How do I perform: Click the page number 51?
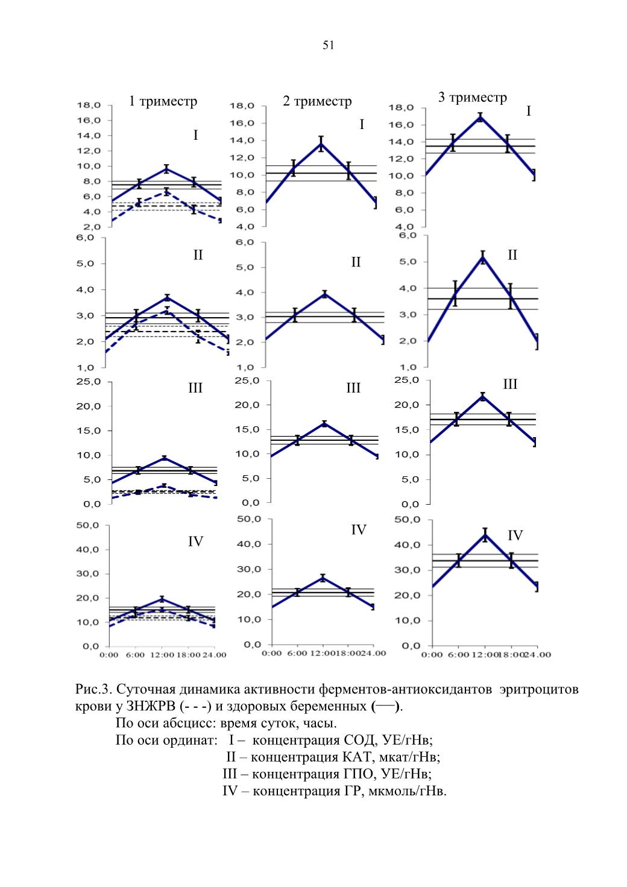tap(328, 45)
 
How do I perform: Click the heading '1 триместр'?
tap(163, 101)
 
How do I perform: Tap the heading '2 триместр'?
tap(317, 101)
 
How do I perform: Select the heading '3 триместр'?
tap(472, 98)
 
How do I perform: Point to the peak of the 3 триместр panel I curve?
tap(480, 116)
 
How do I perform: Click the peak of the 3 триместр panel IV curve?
tap(485, 535)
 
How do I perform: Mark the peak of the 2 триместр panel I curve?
tap(321, 144)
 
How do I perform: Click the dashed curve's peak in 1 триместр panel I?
tap(166, 192)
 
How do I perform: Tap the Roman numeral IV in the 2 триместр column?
tap(359, 530)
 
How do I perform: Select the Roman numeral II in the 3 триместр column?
tap(512, 255)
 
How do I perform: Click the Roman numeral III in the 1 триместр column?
tap(195, 388)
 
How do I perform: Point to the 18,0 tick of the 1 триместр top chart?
tap(89, 105)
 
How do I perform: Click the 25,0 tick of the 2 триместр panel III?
tap(247, 380)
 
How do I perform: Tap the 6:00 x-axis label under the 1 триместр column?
tap(135, 655)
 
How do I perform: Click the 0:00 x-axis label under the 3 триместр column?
tap(432, 655)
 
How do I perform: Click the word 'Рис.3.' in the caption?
tap(92, 689)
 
